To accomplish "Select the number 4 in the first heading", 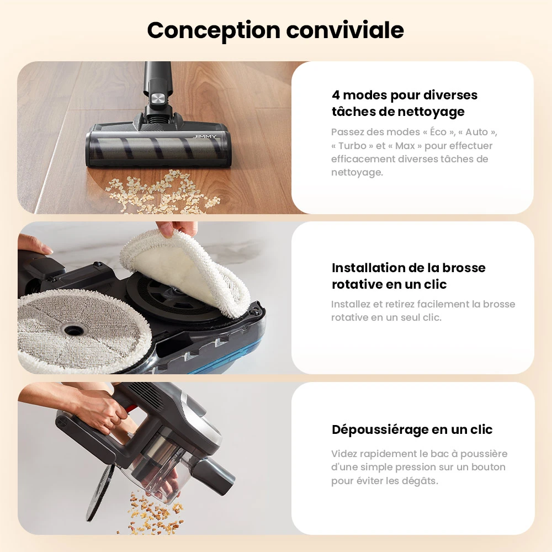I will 336,95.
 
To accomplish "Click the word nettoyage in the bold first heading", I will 431,112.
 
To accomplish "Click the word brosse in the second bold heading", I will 462,268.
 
